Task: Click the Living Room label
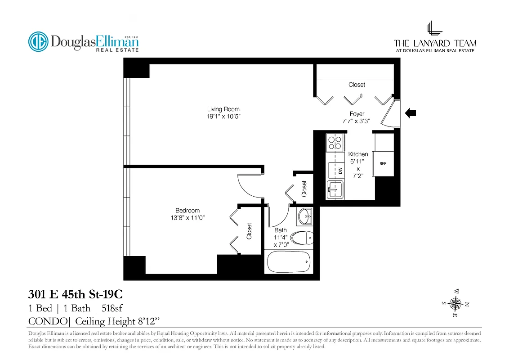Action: (223, 109)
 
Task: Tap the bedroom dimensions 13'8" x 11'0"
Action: (187, 218)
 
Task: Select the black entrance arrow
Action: (411, 113)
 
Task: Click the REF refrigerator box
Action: (383, 164)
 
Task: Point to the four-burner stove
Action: (335, 142)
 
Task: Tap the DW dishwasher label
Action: (340, 171)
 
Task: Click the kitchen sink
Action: (334, 189)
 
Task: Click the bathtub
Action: (288, 261)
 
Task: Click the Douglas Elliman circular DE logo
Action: (38, 42)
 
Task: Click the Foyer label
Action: (357, 114)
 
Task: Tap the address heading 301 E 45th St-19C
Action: (75, 295)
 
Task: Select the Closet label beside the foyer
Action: (357, 85)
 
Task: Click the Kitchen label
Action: (358, 154)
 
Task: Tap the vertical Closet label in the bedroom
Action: (249, 231)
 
